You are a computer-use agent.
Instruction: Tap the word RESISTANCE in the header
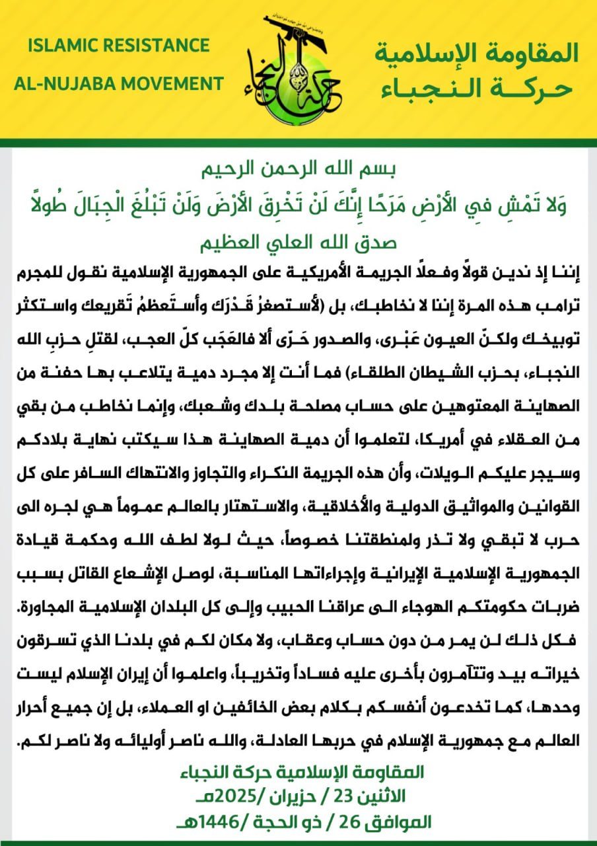pyautogui.click(x=159, y=46)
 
